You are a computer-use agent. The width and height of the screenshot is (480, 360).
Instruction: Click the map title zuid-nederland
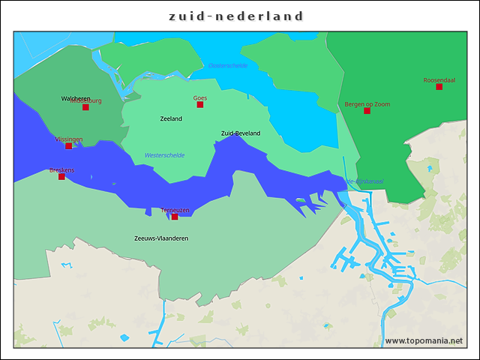tap(236, 16)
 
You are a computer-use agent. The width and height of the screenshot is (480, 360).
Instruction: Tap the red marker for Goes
tap(200, 105)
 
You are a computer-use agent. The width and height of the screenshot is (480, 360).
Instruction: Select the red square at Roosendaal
tap(439, 87)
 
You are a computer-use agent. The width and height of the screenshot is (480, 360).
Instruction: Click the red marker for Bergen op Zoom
tap(367, 111)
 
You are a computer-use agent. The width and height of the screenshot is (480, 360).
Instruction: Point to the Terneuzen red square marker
tap(175, 217)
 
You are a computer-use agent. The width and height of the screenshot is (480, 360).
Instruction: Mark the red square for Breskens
tap(61, 177)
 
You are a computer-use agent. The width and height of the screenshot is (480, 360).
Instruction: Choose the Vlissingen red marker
tap(69, 146)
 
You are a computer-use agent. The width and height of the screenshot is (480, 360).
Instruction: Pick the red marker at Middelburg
tap(85, 107)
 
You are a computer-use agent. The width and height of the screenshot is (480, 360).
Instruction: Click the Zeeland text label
tap(171, 118)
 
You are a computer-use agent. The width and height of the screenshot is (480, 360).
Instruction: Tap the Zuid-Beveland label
tap(240, 133)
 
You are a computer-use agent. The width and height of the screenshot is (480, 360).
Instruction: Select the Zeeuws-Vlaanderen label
tap(160, 238)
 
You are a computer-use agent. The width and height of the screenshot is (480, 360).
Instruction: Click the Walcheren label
tap(76, 98)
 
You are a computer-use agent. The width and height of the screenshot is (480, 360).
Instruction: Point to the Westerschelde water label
tap(164, 155)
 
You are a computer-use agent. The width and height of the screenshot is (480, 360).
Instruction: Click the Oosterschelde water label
tap(228, 66)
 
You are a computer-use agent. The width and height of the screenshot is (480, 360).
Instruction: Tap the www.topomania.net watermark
tap(423, 341)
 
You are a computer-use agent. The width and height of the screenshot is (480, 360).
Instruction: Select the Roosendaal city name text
tap(439, 79)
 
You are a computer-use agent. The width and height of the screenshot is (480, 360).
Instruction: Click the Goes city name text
tap(200, 97)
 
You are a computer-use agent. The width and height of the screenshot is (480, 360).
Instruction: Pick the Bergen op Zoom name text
tap(367, 103)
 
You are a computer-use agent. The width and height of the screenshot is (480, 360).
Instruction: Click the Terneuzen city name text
tap(175, 210)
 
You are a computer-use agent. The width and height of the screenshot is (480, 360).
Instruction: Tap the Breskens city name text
tap(61, 170)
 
